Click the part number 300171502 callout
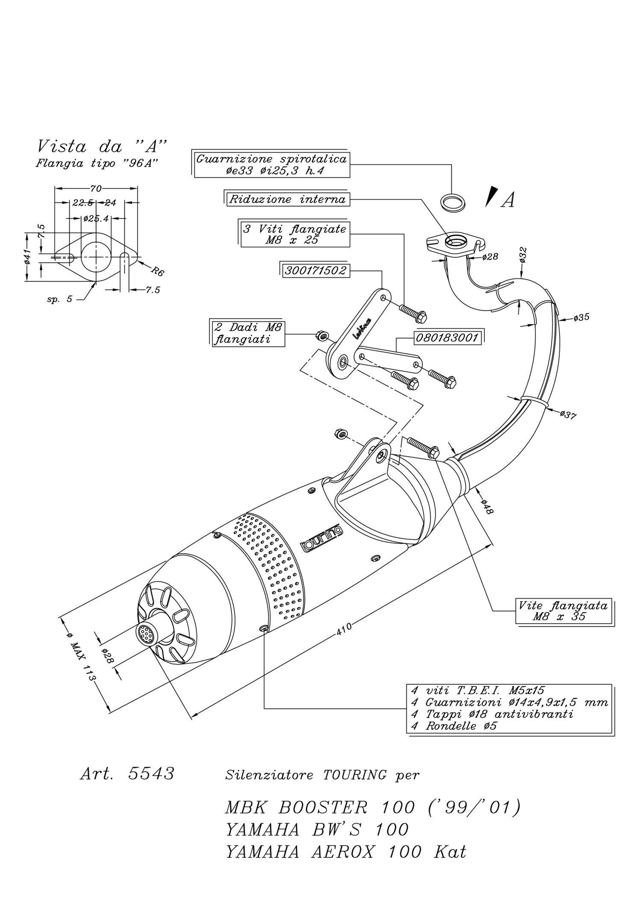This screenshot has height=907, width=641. point(315,270)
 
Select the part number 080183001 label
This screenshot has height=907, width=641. point(447,338)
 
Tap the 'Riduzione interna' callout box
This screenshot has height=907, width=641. point(287,200)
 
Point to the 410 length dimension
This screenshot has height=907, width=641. point(344,628)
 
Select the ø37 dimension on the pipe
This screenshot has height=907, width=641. point(568,414)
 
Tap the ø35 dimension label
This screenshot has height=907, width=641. point(581,317)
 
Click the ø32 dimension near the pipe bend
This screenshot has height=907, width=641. point(523,255)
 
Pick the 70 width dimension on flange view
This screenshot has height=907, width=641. point(96,188)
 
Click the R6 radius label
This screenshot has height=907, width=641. point(157,270)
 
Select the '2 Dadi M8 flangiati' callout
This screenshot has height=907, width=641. point(248,333)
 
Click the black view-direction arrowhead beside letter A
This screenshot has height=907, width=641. point(492,197)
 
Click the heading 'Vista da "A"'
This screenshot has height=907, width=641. point(102,147)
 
